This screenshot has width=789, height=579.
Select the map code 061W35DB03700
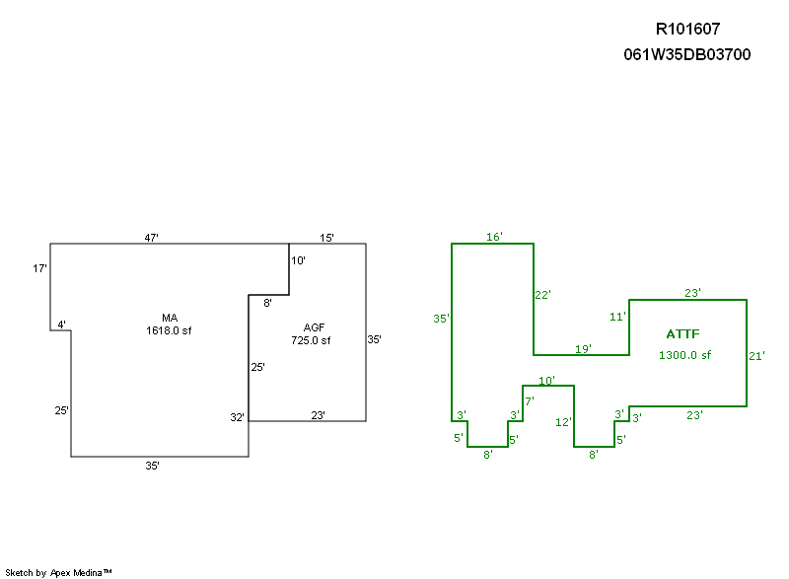687,55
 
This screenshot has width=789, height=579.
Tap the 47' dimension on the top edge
152,238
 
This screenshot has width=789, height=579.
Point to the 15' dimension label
326,238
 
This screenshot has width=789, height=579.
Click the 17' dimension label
40,268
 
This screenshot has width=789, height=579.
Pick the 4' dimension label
61,325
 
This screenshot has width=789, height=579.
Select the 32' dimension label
238,417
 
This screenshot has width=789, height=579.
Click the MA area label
170,318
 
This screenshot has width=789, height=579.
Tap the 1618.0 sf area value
169,330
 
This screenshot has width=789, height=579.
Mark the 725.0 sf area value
310,340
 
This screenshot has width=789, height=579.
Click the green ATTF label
682,335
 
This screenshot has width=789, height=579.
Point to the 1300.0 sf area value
684,355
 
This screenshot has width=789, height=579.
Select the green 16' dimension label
494,237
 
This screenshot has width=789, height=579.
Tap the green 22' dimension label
542,294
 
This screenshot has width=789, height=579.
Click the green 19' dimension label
583,349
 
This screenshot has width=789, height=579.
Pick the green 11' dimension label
618,317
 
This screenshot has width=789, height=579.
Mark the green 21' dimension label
756,355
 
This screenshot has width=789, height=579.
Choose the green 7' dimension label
529,401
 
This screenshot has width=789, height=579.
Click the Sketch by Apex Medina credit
59,572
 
